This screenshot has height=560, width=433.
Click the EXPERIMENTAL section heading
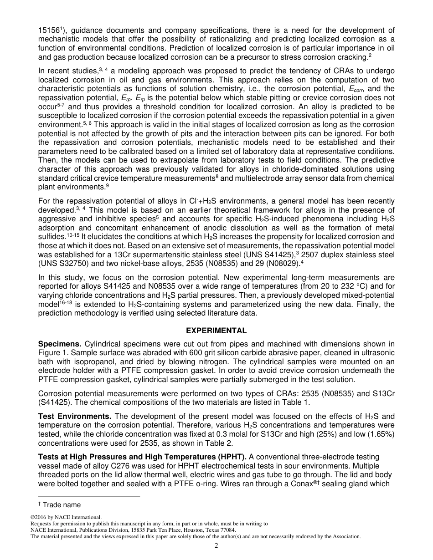216,331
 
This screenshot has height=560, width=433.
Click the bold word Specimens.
57,344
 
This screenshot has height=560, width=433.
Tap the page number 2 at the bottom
216,546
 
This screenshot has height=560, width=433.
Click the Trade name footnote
61,504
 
